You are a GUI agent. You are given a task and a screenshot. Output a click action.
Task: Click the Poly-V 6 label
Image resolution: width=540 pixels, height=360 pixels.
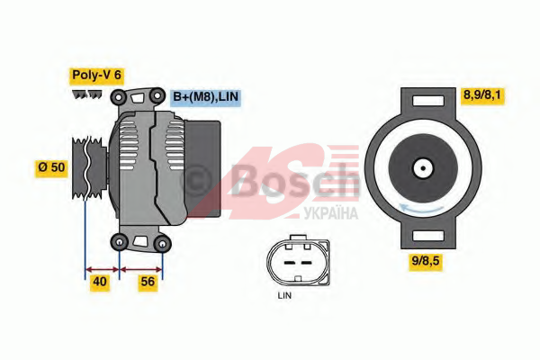[x=97, y=75]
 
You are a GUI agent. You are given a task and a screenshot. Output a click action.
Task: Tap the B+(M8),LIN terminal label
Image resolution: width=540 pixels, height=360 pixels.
[x=205, y=97]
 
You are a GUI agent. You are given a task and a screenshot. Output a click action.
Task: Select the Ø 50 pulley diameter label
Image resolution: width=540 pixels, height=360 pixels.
[x=51, y=167]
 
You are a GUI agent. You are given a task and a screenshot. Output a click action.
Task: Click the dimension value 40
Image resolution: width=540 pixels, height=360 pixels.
[x=100, y=282]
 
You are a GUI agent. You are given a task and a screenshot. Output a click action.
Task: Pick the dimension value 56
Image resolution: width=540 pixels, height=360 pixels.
[x=148, y=282]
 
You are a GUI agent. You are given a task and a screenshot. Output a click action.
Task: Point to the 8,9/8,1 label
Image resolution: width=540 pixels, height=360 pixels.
[x=481, y=94]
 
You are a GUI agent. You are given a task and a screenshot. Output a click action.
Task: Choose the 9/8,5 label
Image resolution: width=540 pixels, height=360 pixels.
[x=426, y=261]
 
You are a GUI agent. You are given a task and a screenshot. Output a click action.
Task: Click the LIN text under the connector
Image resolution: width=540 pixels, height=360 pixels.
[x=284, y=295]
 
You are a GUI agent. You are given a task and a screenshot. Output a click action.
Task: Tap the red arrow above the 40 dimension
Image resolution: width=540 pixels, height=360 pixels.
[x=102, y=269]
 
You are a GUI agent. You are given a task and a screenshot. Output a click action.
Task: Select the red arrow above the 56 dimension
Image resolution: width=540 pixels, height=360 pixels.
[x=141, y=269]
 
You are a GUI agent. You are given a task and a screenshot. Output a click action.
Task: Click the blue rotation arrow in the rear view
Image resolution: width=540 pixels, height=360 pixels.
[x=421, y=209]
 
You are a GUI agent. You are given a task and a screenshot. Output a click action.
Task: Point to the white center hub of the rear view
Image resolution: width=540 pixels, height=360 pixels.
[x=423, y=168]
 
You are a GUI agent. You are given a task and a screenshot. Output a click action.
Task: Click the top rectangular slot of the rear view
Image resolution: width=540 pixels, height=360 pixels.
[x=428, y=101]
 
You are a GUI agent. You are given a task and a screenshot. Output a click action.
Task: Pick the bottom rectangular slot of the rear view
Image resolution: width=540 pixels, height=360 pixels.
[x=428, y=236]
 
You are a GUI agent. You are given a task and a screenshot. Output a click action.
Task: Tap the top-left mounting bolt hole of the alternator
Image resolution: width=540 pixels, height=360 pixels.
[x=119, y=97]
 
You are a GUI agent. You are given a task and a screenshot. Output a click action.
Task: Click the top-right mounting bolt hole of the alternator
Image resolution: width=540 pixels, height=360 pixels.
[x=157, y=95]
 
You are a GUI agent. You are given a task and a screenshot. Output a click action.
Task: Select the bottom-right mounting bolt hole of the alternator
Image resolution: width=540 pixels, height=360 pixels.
[x=162, y=244]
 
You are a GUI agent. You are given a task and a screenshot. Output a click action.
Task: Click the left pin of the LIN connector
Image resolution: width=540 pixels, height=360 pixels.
[x=288, y=263]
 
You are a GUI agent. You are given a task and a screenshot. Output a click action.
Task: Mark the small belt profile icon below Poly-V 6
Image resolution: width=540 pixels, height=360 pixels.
[x=87, y=94]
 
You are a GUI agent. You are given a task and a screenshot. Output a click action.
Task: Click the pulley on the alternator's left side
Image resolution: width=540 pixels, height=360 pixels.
[x=89, y=167]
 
